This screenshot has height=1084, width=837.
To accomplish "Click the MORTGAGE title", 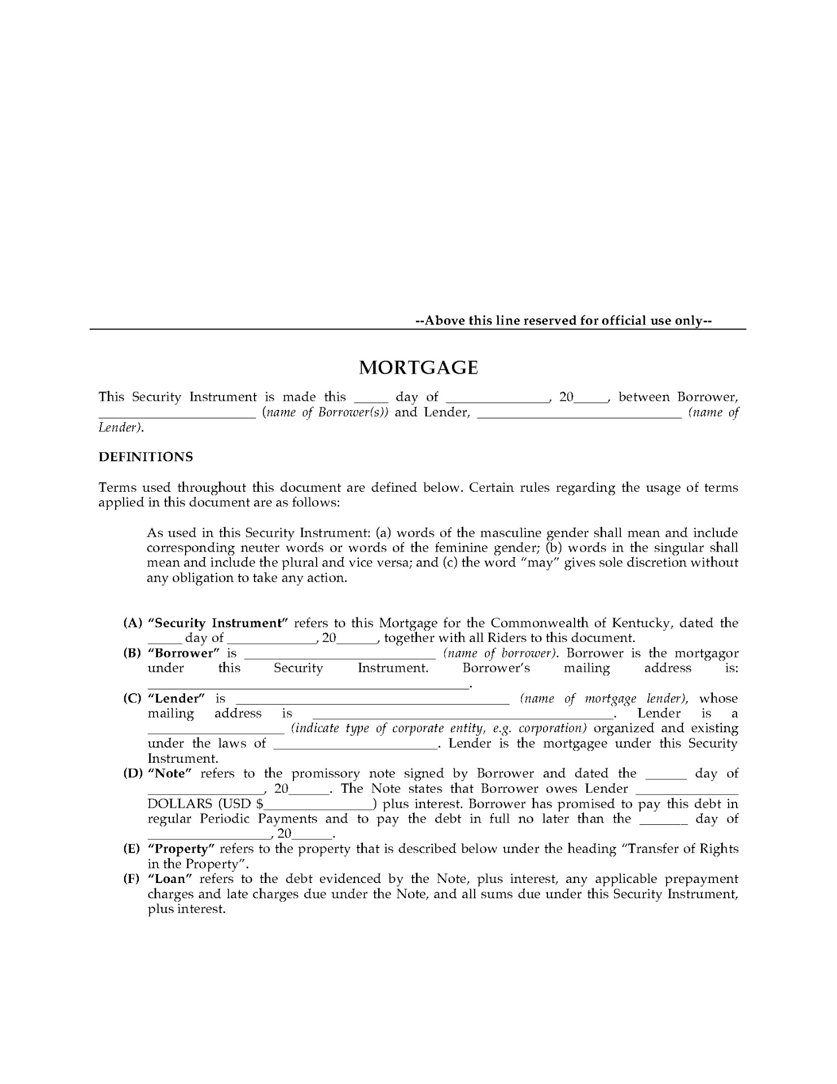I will [418, 368].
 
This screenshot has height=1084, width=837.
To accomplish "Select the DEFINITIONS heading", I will [146, 457].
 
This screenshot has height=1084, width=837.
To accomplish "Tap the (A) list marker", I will [133, 623].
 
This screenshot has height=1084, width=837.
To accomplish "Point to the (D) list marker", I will [133, 773].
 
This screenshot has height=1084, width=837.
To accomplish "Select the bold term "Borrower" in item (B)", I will [183, 653].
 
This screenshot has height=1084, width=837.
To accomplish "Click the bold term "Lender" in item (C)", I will [176, 698].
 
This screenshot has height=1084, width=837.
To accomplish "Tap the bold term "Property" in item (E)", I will [181, 849].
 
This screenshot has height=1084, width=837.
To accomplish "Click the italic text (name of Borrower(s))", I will [325, 412].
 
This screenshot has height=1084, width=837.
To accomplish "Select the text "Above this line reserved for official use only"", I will [563, 321].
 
